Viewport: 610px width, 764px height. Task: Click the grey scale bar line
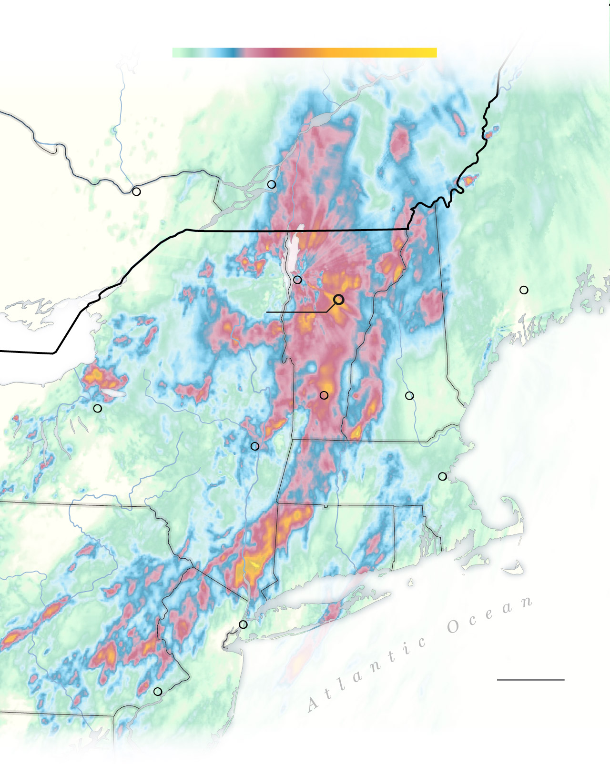pos(530,680)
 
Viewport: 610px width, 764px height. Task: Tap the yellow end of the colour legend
pos(429,52)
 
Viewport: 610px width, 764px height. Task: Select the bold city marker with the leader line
pos(339,300)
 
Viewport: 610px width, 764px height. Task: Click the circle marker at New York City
pos(243,624)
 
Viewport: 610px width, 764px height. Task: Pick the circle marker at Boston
pos(442,476)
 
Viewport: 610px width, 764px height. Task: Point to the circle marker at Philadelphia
pos(158,692)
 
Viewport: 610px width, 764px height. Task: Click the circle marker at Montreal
pos(272,184)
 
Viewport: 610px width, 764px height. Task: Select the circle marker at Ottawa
pos(136,191)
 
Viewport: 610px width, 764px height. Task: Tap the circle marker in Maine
pos(524,290)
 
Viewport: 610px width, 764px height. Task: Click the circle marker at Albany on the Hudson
pos(255,446)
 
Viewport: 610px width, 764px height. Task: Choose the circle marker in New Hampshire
pos(409,396)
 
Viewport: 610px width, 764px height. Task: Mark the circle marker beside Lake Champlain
pos(297,280)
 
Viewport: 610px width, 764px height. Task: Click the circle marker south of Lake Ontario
pos(98,408)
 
